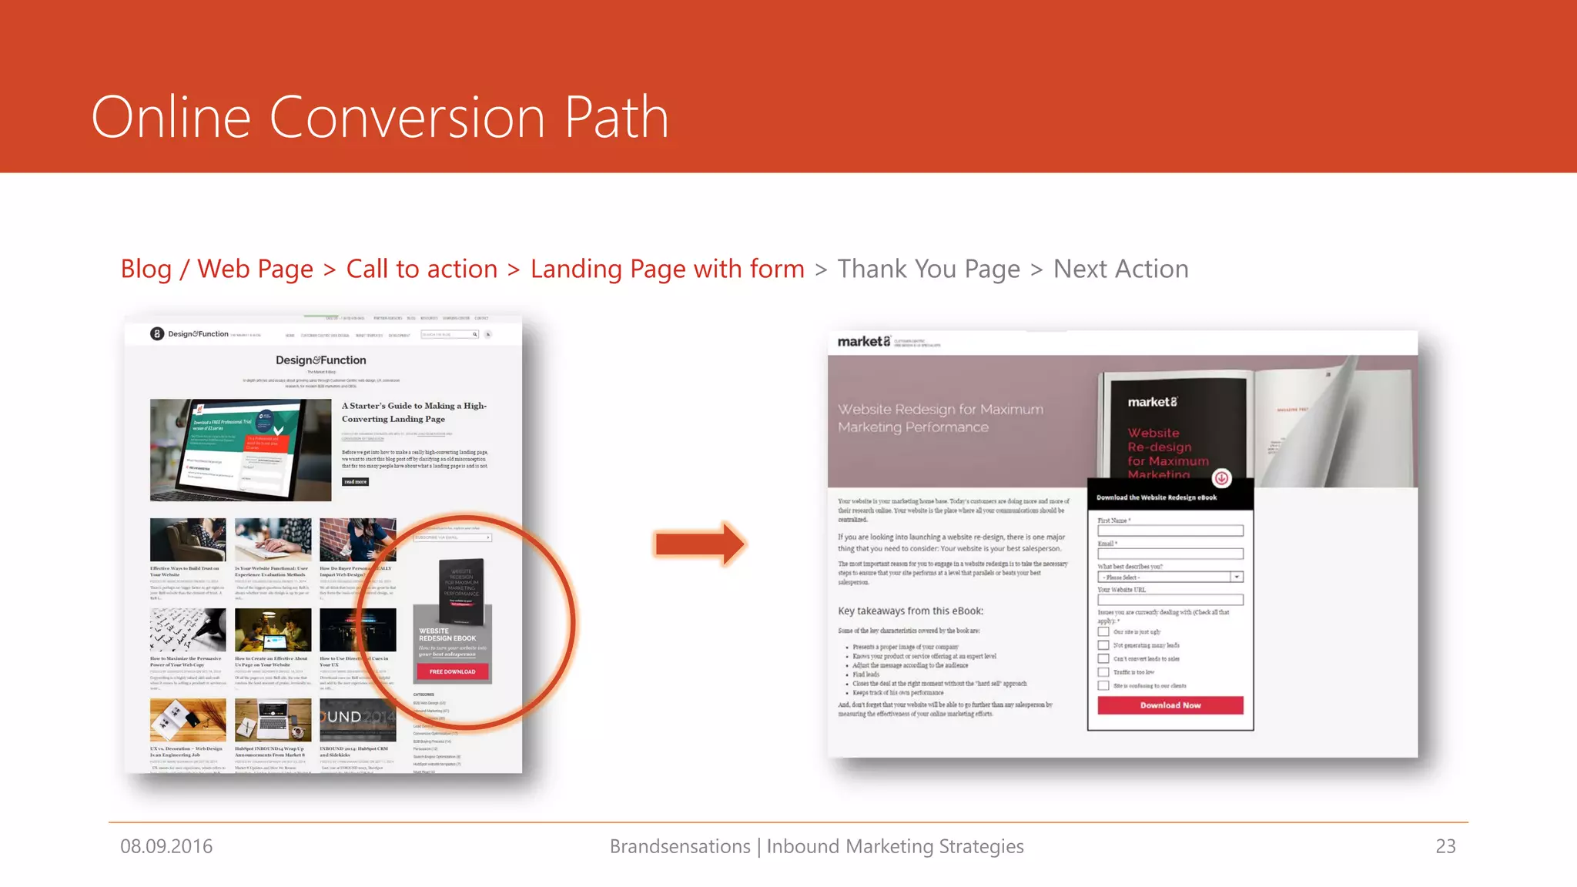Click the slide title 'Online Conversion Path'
point(380,118)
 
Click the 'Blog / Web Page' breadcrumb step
point(216,269)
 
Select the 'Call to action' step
point(421,269)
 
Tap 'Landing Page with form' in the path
point(667,269)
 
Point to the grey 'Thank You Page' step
point(928,269)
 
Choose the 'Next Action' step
point(1120,269)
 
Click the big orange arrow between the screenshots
point(699,544)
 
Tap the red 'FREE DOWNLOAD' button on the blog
point(453,671)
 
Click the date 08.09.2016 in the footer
point(166,846)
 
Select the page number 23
point(1445,846)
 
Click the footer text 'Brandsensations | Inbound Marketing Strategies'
point(816,846)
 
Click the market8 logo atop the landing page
point(863,341)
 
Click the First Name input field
point(1170,531)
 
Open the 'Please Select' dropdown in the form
point(1170,577)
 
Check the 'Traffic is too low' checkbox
point(1103,672)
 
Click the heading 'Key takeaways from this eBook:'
point(910,611)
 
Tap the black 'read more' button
point(355,482)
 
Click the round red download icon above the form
point(1221,478)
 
